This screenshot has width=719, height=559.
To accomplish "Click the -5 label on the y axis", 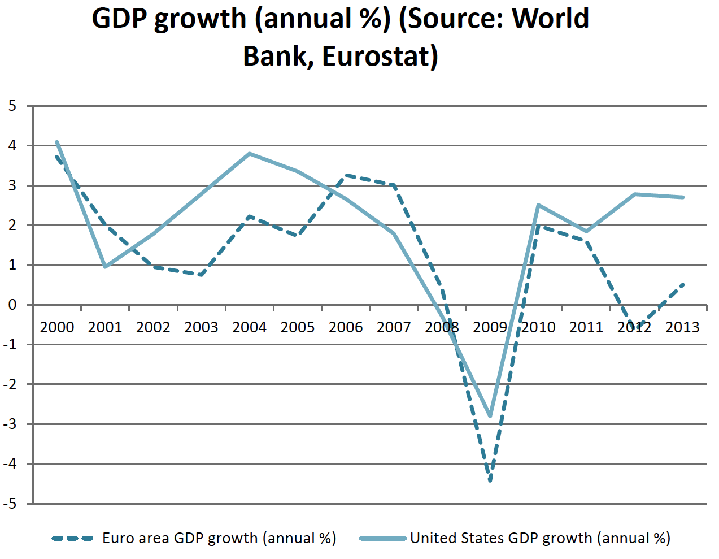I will (10, 504).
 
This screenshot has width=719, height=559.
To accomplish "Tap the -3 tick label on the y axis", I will (10, 424).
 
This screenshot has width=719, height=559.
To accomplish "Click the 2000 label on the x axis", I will (57, 327).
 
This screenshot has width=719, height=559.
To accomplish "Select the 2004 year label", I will (250, 327).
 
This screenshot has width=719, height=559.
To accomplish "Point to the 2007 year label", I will (394, 327).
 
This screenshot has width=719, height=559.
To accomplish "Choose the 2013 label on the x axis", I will (682, 327).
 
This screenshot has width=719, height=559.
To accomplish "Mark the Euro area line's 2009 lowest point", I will (490, 481).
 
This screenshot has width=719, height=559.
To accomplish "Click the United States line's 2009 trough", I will (490, 417).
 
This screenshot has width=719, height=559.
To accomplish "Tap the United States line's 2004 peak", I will (250, 153).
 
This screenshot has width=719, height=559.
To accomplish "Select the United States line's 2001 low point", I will (105, 267).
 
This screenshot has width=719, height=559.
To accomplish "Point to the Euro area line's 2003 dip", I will (202, 275).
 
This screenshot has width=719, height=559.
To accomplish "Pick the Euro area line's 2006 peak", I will (346, 175).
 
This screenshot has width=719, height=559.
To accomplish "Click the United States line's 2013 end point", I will (683, 197).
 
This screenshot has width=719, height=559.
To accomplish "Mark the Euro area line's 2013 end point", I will (683, 284).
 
